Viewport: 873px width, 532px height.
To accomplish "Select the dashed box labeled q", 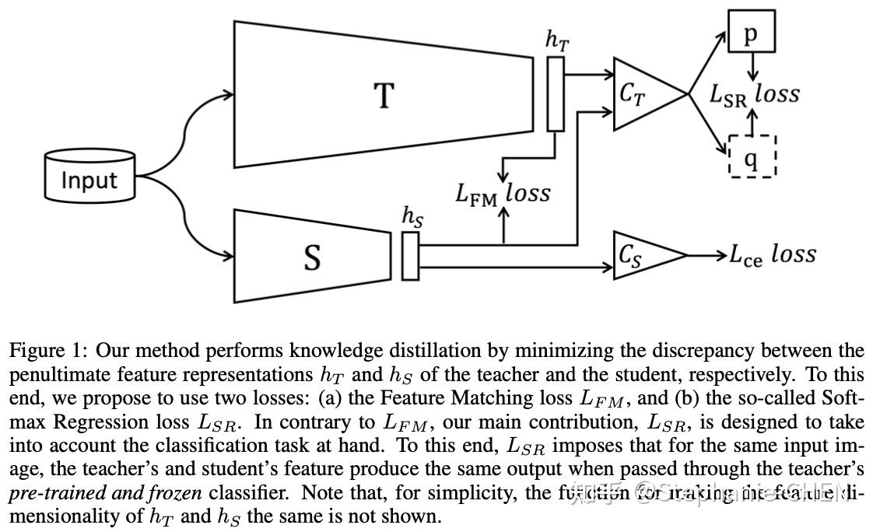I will pos(752,156).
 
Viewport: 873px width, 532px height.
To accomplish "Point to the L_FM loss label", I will pos(503,194).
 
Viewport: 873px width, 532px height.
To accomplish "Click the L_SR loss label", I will pos(754,94).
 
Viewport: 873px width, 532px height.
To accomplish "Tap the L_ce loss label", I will pos(772,254).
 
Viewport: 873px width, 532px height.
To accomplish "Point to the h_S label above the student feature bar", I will pos(412,216).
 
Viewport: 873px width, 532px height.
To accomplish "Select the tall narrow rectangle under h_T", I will pos(556,94).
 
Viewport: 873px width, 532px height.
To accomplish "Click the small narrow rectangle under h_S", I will pos(410,255).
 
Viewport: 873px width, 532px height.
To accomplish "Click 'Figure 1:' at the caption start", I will pos(47,352).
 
